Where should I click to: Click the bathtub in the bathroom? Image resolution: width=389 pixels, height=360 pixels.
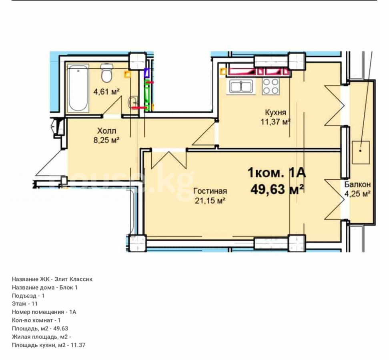click(x=78, y=88)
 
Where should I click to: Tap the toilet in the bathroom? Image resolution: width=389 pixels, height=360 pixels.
click(x=107, y=73)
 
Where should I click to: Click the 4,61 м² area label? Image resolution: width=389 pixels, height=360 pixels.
click(x=106, y=92)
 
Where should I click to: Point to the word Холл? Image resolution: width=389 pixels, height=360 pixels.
click(x=106, y=131)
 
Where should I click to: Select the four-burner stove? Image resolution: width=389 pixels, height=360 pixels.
click(x=271, y=86)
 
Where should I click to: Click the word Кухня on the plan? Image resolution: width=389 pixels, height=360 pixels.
click(x=275, y=112)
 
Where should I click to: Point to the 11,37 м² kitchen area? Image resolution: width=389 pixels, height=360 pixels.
click(x=275, y=122)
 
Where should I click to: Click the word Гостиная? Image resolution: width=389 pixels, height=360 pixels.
click(x=210, y=191)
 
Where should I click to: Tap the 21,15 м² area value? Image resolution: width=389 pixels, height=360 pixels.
click(x=210, y=200)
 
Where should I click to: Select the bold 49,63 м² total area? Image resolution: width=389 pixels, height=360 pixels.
click(x=277, y=190)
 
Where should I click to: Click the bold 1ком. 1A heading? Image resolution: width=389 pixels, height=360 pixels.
click(x=277, y=173)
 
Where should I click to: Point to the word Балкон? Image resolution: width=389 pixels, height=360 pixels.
click(x=357, y=184)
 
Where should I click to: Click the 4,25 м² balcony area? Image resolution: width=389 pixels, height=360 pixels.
click(x=357, y=193)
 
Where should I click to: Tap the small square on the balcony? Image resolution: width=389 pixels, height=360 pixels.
click(x=361, y=152)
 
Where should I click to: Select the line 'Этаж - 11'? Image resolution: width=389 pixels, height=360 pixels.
click(x=25, y=304)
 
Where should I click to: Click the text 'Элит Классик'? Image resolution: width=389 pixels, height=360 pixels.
click(x=73, y=279)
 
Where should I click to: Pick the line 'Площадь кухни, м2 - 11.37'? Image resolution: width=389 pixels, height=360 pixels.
click(x=49, y=345)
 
